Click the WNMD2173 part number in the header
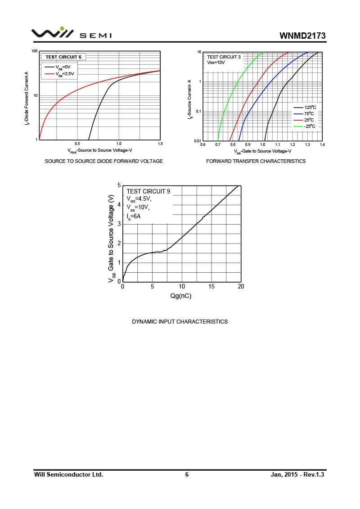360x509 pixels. point(302,36)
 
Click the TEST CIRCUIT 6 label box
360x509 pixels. point(63,57)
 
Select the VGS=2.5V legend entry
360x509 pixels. point(63,74)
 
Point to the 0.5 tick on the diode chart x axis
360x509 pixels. point(77,144)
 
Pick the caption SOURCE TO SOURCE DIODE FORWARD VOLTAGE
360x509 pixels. point(104,161)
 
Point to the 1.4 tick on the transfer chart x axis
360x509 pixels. point(323,144)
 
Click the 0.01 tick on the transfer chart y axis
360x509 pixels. point(197,141)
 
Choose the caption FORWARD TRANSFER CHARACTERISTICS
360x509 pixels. point(256,161)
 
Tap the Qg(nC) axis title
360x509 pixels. point(180,296)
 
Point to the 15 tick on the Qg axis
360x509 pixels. point(211,287)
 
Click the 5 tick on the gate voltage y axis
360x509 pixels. point(119,185)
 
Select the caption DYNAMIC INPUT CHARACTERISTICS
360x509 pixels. point(180,322)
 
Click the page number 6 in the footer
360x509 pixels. point(187,474)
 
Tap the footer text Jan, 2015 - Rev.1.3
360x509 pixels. point(297,474)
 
